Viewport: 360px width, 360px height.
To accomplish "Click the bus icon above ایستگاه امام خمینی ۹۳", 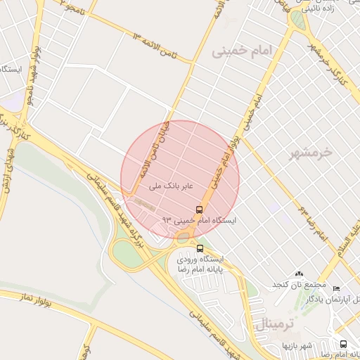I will [200, 210].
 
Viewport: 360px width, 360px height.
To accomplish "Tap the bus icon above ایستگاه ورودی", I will [200, 248].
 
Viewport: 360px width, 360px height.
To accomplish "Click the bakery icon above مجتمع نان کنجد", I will [300, 274].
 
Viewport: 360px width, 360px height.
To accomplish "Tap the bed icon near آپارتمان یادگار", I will [336, 289].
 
